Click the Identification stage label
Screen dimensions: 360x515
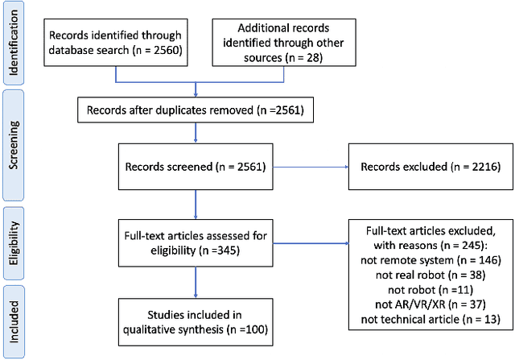[x=12, y=43]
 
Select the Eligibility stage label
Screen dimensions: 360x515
[x=12, y=240]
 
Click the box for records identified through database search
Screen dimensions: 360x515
[x=116, y=43]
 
